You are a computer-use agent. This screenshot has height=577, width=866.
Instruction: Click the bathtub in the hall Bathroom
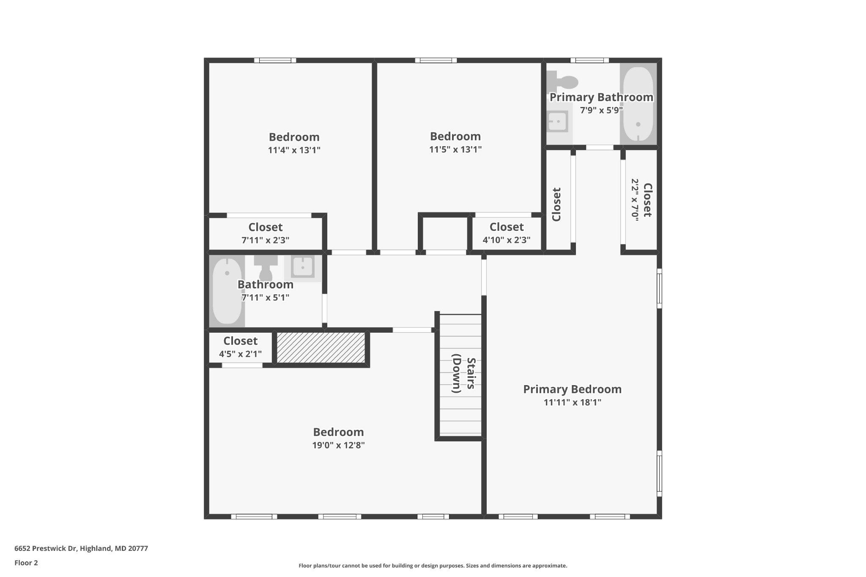[x=227, y=292]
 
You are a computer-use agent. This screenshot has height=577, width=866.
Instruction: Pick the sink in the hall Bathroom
[x=303, y=267]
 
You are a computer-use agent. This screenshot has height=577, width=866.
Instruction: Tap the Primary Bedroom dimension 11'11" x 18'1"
[x=572, y=402]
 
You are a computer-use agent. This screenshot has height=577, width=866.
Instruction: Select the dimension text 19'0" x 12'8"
[x=338, y=445]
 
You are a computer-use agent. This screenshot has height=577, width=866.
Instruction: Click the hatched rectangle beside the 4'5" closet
[x=321, y=347]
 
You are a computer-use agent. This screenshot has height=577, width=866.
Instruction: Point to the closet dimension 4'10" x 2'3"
[x=506, y=240]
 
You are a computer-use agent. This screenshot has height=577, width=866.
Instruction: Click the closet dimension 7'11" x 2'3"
[x=265, y=241]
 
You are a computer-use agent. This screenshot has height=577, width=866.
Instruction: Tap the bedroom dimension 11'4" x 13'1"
[x=294, y=150]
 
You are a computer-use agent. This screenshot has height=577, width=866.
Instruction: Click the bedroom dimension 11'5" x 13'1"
[x=455, y=149]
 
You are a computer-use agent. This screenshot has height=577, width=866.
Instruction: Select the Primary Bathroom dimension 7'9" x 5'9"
[x=601, y=110]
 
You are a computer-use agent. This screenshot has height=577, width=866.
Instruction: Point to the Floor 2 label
[x=26, y=563]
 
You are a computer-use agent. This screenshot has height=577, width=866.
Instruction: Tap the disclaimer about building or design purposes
[x=433, y=566]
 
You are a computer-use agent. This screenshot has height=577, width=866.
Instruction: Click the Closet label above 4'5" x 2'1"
[x=240, y=341]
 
